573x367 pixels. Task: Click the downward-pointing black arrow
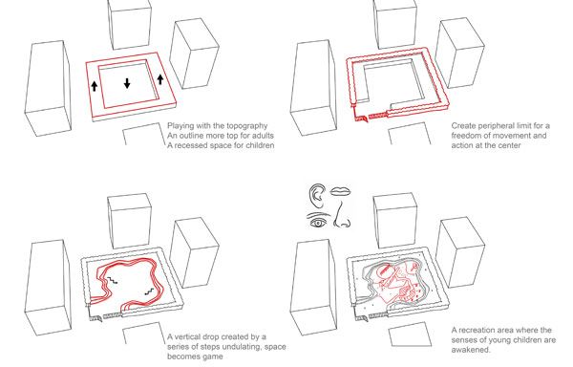coord(127,83)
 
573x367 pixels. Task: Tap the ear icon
coord(317,195)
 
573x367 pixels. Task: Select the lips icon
coord(341,191)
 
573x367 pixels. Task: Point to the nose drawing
coord(341,215)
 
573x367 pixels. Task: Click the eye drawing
coord(318,223)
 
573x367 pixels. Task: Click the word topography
coord(247,126)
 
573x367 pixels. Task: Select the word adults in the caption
coord(264,136)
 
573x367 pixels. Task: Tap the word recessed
coord(193,145)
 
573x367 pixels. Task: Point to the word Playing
coord(180,126)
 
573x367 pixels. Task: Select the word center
coord(509,145)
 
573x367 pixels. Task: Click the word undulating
coord(244,347)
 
